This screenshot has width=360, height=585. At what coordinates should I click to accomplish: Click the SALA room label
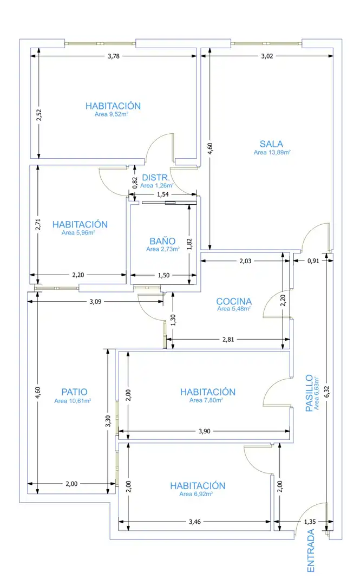(271, 144)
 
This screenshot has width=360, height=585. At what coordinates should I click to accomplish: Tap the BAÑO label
(162, 242)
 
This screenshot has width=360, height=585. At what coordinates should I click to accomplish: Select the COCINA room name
(234, 301)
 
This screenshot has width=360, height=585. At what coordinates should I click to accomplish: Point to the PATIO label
(74, 392)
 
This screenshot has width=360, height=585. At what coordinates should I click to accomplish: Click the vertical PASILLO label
(309, 393)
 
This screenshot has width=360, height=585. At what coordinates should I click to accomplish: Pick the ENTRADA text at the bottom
(310, 551)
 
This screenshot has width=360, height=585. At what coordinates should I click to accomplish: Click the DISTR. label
(156, 178)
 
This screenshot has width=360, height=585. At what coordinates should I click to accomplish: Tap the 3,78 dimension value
(114, 56)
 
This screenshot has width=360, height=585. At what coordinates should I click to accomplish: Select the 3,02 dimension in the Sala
(267, 56)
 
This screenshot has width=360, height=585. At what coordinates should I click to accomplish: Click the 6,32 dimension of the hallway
(327, 391)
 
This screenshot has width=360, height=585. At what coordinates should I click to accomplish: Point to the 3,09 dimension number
(95, 302)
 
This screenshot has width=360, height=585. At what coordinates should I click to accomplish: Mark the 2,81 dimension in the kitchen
(228, 340)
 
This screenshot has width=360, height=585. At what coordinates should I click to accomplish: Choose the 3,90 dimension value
(205, 431)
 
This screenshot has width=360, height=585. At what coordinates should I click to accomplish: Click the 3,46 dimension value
(195, 522)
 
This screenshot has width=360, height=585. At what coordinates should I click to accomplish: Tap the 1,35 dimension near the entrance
(310, 522)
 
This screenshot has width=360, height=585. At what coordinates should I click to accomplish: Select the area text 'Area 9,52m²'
(112, 114)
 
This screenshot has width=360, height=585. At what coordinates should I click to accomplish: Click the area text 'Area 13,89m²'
(272, 152)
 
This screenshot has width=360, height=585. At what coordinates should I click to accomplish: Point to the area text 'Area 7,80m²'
(206, 400)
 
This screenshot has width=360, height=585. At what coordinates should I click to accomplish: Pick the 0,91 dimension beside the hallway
(313, 261)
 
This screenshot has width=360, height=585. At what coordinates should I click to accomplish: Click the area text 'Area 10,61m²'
(73, 401)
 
